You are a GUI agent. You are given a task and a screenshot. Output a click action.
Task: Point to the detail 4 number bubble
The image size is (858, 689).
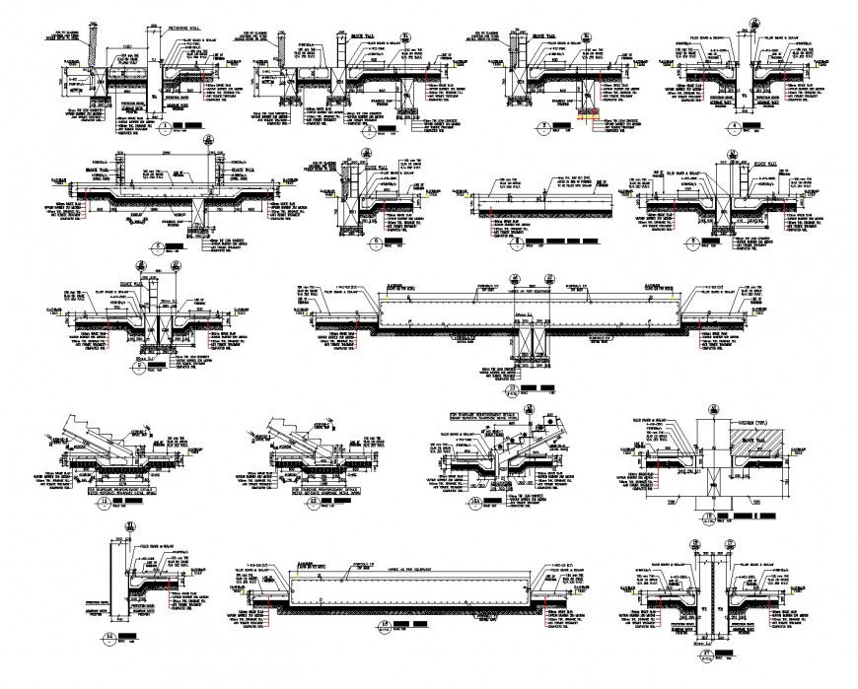[734, 128]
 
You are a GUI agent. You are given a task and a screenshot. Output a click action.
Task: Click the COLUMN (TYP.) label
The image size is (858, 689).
[760, 426]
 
